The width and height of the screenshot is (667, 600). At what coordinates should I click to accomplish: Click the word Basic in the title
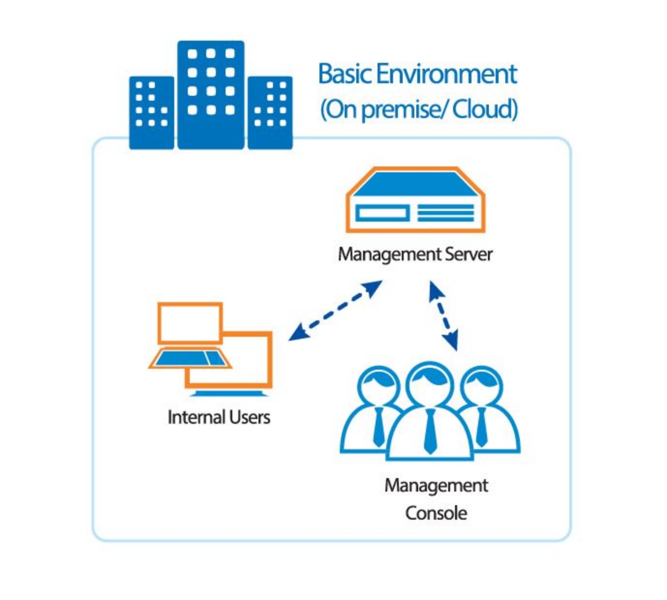pos(345,74)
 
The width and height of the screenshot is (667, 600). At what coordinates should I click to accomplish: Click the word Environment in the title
pos(446,74)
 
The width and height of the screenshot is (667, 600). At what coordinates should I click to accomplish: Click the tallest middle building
pos(211,94)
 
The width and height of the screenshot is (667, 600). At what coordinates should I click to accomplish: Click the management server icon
pos(415,199)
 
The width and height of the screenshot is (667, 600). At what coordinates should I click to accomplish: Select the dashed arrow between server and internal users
pos(335,311)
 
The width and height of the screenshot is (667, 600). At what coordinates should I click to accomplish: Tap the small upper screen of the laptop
pos(190,322)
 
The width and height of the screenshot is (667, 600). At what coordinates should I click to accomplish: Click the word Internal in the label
pos(195,417)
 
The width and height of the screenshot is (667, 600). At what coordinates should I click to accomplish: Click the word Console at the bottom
pos(436,513)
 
